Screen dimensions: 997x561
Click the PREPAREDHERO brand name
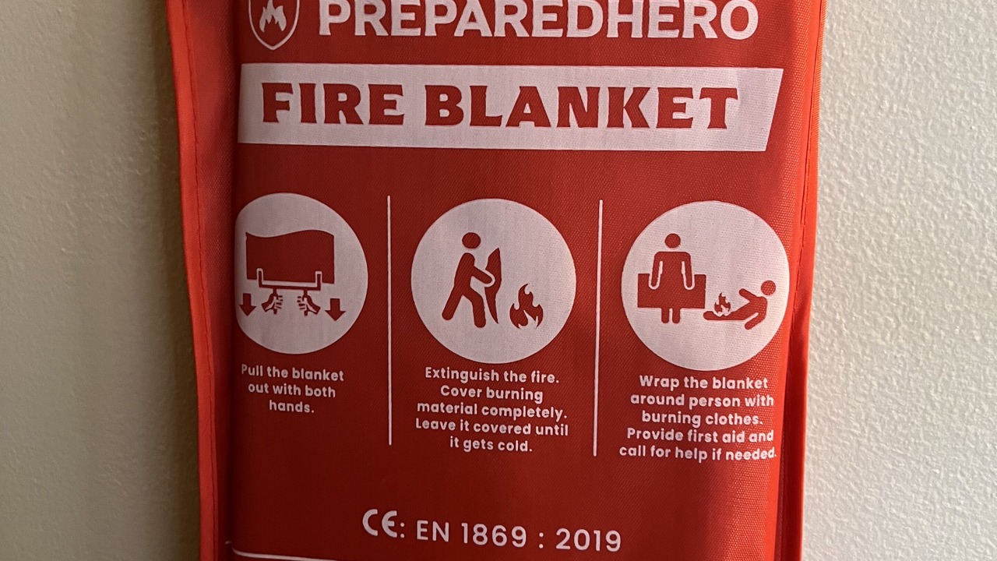point(538,18)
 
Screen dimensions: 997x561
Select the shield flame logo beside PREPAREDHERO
point(273,23)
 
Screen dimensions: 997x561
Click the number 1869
point(494,535)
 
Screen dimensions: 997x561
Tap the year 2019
point(588,540)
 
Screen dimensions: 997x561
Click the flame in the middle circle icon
point(526,306)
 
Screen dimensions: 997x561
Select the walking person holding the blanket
point(472,280)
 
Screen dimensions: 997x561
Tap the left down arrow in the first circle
point(248,307)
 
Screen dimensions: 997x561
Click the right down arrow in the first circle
point(335,309)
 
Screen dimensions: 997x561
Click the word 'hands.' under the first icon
point(291,407)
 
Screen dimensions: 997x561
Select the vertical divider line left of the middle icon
point(389,320)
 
